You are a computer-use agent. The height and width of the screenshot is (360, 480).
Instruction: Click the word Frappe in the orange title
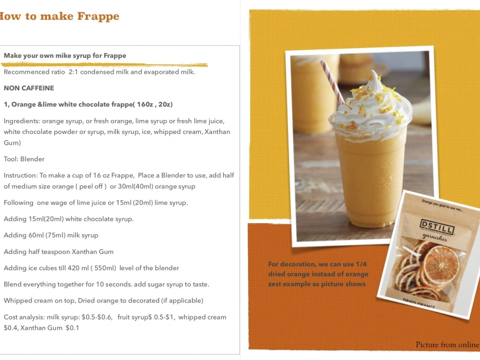click(x=98, y=16)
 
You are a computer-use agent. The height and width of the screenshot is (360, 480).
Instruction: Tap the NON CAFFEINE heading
click(x=29, y=88)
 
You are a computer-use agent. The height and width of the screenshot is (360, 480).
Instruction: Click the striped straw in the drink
click(x=332, y=82)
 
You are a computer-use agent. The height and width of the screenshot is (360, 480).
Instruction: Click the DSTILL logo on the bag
click(x=437, y=227)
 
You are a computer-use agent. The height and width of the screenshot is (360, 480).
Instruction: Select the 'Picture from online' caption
click(x=447, y=345)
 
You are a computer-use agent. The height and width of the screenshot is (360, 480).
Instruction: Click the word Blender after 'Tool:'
click(x=33, y=159)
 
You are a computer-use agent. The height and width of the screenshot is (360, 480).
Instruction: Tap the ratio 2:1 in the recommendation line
click(x=73, y=72)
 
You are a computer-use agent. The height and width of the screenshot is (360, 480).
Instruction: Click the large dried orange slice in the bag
click(x=441, y=265)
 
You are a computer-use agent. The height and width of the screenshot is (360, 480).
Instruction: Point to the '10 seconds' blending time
click(x=114, y=284)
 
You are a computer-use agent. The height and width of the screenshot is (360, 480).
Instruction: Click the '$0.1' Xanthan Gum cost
click(x=72, y=328)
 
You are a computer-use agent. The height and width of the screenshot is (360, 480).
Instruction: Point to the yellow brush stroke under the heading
click(x=104, y=65)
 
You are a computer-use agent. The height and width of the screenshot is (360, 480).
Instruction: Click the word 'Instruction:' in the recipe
click(x=21, y=175)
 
